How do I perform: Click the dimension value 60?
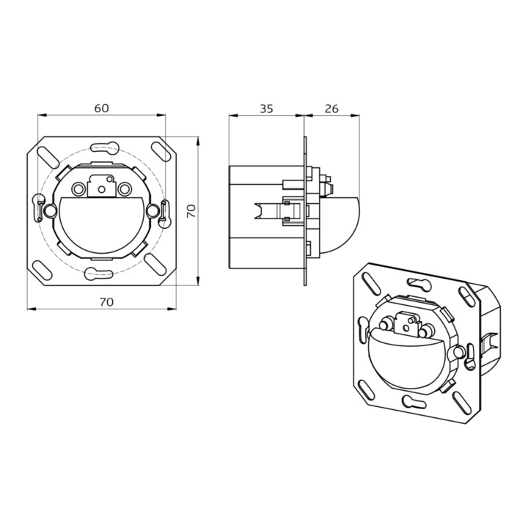pyautogui.click(x=101, y=108)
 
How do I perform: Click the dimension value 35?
pyautogui.click(x=266, y=109)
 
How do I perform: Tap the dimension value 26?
pyautogui.click(x=331, y=109)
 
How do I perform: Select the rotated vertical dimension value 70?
pyautogui.click(x=191, y=211)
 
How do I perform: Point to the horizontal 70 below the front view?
pyautogui.click(x=106, y=302)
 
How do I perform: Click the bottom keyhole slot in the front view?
pyautogui.click(x=98, y=274)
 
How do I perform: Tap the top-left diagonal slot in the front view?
pyautogui.click(x=48, y=156)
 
